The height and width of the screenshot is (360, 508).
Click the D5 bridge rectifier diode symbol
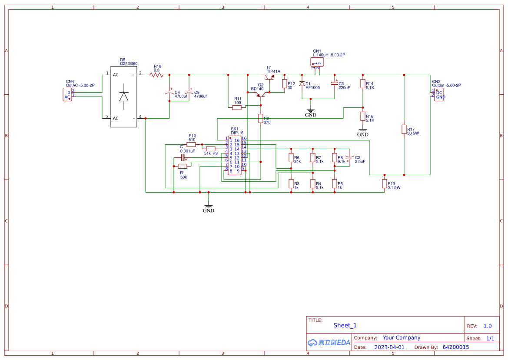(124, 97)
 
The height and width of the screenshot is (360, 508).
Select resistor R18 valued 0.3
(156, 75)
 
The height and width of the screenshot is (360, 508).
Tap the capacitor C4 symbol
(169, 93)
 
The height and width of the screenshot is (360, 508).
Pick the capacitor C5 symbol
(189, 92)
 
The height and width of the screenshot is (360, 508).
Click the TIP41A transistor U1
(271, 78)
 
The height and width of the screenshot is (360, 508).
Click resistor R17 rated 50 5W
(404, 129)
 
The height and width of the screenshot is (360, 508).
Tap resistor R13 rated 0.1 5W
(385, 184)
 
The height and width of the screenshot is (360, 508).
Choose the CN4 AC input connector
(67, 94)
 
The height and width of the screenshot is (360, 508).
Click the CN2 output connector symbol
(438, 95)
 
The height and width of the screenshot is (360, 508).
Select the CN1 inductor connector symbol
(316, 63)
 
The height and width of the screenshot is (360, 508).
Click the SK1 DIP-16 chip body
(234, 155)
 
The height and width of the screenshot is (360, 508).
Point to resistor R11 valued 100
(237, 107)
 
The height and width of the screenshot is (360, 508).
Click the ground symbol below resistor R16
(363, 130)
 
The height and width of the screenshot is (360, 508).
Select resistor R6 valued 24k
(291, 158)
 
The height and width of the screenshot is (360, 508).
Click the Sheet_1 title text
(345, 325)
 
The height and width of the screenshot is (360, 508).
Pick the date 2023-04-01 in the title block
(389, 347)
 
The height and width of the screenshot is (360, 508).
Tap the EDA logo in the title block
(329, 343)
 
